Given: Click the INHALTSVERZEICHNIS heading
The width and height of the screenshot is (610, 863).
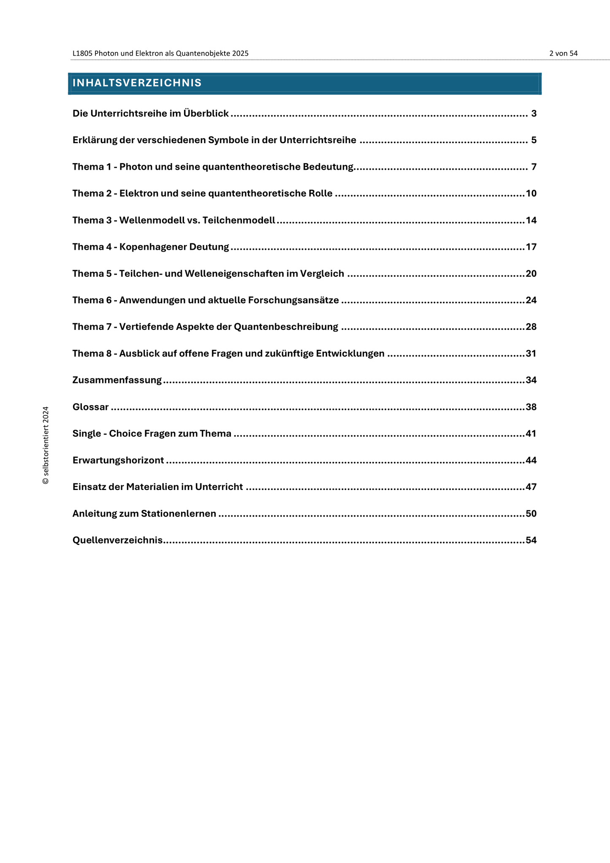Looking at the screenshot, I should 137,83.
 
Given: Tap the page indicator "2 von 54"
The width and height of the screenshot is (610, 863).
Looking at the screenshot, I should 563,53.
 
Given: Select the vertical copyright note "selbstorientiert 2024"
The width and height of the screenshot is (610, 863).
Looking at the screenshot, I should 46,445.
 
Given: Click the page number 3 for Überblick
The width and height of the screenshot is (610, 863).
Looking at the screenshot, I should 534,114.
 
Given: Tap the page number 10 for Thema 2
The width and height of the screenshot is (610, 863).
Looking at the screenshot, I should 531,193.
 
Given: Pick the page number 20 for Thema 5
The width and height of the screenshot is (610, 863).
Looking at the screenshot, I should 531,274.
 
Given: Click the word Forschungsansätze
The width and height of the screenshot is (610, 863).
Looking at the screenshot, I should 293,300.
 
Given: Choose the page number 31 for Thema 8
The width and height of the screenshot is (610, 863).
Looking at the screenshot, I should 531,354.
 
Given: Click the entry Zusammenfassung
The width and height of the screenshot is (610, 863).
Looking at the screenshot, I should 117,380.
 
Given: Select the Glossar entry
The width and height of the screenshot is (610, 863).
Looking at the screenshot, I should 90,407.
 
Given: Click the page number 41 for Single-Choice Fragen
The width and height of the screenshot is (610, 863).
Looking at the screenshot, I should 531,434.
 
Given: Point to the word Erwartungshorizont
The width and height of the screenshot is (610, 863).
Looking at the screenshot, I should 118,460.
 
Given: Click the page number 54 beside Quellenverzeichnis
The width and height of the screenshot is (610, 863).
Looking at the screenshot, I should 531,540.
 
